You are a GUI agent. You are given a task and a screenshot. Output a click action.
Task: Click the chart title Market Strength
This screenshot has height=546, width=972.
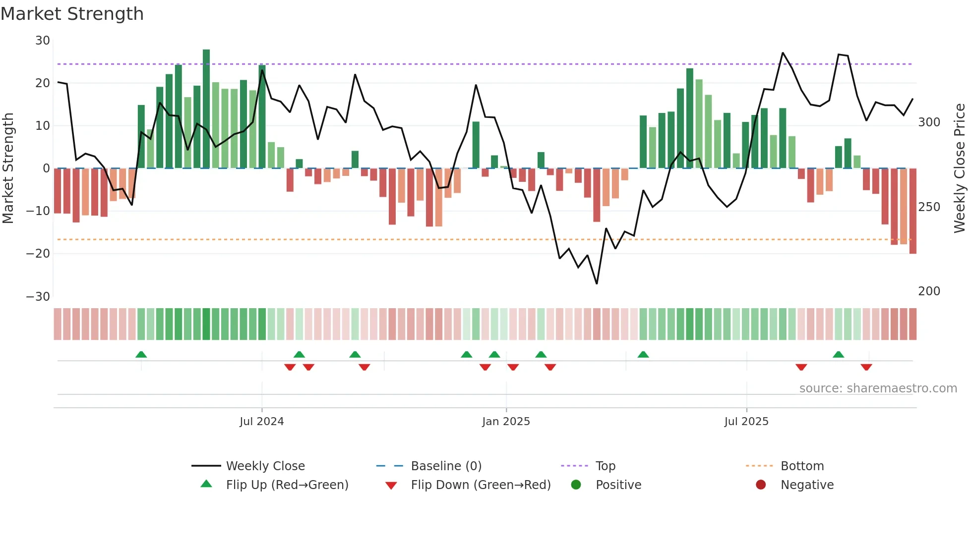(x=72, y=14)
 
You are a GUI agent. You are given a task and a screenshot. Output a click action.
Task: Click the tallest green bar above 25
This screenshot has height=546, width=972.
(x=206, y=109)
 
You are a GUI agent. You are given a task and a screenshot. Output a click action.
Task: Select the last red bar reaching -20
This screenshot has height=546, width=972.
(x=912, y=211)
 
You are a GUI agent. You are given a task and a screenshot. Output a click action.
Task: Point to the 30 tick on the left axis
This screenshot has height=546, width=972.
(x=43, y=41)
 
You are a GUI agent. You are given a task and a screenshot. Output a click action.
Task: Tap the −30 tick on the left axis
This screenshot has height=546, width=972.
(x=38, y=296)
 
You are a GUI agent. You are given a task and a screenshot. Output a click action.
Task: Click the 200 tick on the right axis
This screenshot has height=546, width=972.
(x=929, y=291)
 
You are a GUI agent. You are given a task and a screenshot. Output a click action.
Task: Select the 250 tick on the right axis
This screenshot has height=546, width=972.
(x=929, y=207)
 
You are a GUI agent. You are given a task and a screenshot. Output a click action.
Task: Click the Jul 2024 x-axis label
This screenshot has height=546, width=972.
(x=261, y=422)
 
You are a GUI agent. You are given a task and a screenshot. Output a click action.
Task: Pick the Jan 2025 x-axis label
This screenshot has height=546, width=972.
(x=506, y=422)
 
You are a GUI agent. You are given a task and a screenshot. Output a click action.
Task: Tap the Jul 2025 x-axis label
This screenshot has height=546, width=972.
(x=746, y=422)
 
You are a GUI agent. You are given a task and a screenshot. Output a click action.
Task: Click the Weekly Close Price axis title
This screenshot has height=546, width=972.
(x=960, y=168)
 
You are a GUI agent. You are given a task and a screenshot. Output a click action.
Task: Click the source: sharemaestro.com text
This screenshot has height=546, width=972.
(x=878, y=388)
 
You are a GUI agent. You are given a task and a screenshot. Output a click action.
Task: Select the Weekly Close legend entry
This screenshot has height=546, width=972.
(x=265, y=466)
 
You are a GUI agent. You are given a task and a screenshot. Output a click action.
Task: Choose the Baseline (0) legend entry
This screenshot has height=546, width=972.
(x=446, y=466)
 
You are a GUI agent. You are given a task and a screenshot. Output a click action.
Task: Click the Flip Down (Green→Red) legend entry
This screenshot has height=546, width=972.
(x=480, y=485)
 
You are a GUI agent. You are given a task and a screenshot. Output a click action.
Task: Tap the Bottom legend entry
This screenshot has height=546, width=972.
(x=802, y=466)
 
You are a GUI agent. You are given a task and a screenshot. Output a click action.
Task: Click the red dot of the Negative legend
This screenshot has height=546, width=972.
(x=761, y=485)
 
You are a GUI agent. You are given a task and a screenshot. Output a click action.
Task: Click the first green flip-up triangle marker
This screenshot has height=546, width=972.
(x=141, y=354)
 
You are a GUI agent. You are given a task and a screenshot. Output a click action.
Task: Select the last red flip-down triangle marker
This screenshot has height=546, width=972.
(x=866, y=367)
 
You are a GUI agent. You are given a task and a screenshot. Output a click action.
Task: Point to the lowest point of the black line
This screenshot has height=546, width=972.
(x=597, y=284)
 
